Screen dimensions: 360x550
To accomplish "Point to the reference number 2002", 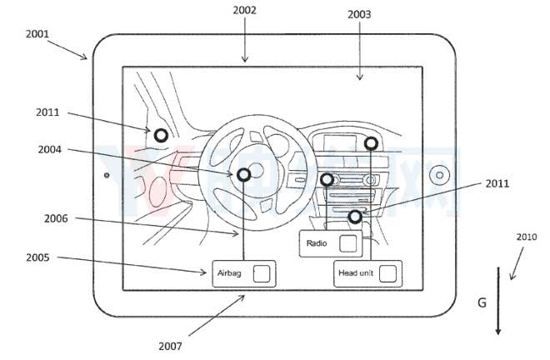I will point(245,10).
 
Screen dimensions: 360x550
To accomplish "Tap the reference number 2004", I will point(49,150).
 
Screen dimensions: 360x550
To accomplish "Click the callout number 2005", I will point(37,257).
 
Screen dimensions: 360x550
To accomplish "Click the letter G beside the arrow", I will point(482,303).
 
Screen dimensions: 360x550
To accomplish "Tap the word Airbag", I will point(229,273).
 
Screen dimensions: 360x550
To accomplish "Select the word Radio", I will point(317,243).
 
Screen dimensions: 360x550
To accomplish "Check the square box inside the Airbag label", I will point(261,273).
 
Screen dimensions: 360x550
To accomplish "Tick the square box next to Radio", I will point(347,243).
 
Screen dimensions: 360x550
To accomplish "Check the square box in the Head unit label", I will point(387,273).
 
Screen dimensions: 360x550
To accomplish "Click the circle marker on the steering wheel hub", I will point(243,175).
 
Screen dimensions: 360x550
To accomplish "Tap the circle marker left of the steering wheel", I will point(160,134).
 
